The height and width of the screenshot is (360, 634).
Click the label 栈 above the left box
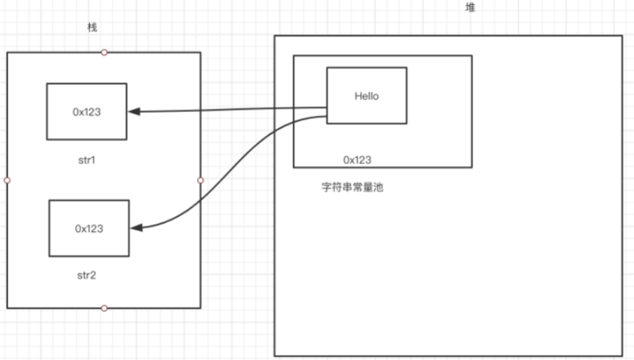[92, 28]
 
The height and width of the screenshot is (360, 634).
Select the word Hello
[366, 96]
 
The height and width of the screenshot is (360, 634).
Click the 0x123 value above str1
[87, 113]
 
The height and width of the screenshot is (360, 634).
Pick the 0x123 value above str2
[89, 228]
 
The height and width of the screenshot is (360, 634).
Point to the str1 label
[86, 160]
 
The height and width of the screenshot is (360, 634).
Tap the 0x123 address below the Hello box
[357, 160]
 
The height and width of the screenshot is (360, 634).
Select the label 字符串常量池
[352, 188]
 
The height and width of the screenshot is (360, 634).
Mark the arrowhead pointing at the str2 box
[136, 227]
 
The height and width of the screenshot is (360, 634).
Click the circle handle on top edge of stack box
[104, 53]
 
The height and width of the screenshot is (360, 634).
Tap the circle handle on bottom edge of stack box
[104, 308]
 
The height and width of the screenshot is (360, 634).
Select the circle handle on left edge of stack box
[7, 181]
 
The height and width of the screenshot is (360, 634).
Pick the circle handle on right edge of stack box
[200, 181]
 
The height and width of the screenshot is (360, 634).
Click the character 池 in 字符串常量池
[377, 188]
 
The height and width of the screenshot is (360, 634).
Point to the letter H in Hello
[357, 96]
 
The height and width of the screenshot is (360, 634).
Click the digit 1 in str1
[95, 160]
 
